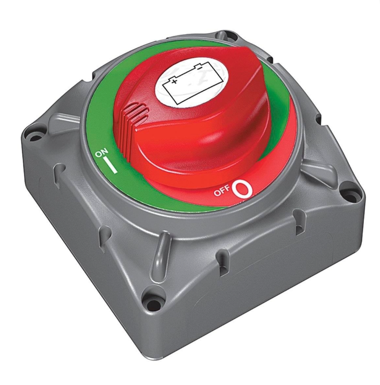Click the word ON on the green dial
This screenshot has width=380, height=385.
[x=101, y=154]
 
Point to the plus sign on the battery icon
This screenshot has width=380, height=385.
[x=174, y=81]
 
